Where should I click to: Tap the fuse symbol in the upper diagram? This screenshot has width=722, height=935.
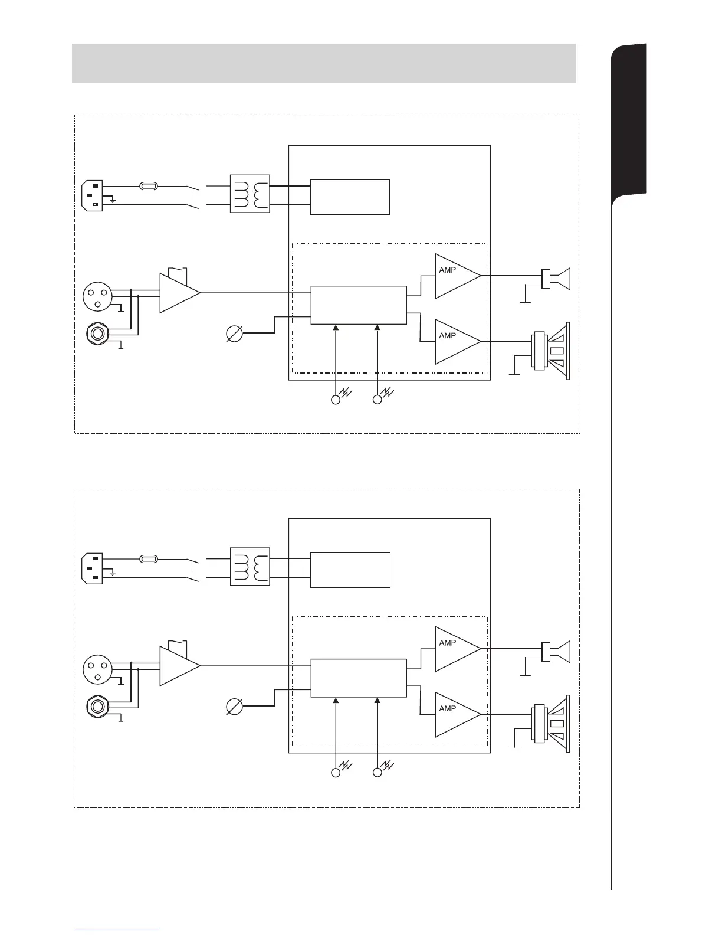pos(148,187)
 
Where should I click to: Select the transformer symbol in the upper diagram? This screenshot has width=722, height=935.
pos(250,194)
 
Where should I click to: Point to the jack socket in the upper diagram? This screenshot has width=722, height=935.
pos(96,334)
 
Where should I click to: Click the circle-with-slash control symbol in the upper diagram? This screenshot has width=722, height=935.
pos(234,335)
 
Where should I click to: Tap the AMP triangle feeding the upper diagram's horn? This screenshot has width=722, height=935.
pos(457,276)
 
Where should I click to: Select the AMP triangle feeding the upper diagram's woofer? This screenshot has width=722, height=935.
pos(457,342)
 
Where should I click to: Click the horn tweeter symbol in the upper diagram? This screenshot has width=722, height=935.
pos(556,278)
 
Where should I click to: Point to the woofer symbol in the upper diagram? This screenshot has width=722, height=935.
pos(552,351)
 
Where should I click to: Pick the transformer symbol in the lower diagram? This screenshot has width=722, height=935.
pos(250,567)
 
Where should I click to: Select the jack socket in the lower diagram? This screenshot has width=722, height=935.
pos(96,707)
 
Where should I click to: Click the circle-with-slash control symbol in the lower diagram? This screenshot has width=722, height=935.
pos(234,707)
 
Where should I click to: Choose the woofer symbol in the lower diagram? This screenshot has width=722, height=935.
pos(552,723)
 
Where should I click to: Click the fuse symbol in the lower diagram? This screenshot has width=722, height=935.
pos(148,559)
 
